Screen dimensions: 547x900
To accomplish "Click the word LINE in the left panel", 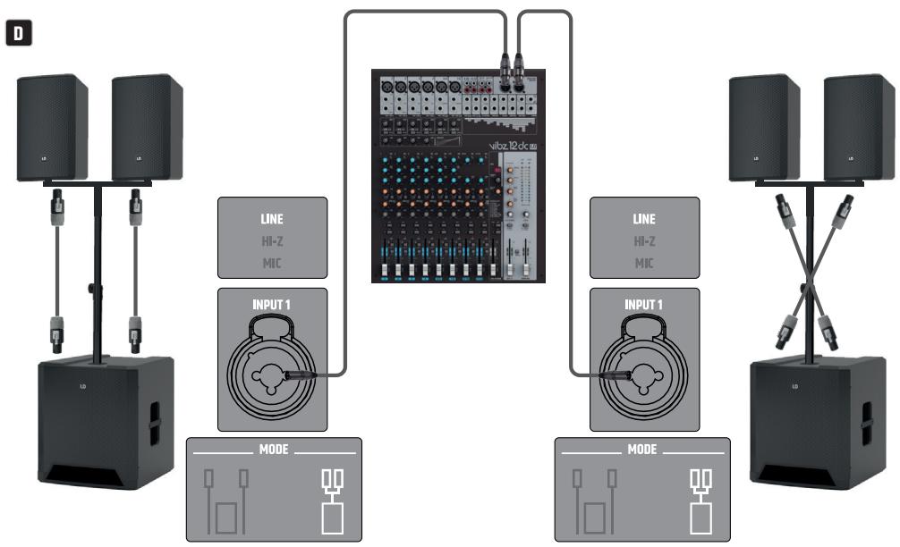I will [273, 219].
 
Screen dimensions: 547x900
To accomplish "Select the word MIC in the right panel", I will [644, 263].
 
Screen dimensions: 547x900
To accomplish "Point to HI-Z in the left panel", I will [273, 241].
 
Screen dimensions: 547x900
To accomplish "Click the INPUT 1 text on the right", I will [644, 305].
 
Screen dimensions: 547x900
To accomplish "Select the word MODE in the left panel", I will [273, 449].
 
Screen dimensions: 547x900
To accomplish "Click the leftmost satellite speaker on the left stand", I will [53, 127].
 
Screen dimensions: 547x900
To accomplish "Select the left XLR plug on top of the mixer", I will [505, 65].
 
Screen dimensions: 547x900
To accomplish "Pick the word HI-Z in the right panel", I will [644, 241].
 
